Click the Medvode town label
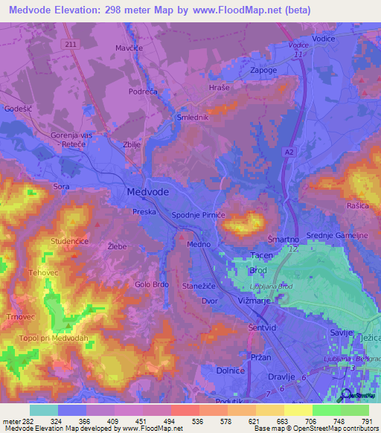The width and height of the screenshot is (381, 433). tap(143, 191)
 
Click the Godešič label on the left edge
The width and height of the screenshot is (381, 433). tap(18, 109)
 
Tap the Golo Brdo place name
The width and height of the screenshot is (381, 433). tap(152, 283)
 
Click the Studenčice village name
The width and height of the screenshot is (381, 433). tap(51, 241)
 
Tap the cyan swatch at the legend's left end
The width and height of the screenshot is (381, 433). tap(43, 410)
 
